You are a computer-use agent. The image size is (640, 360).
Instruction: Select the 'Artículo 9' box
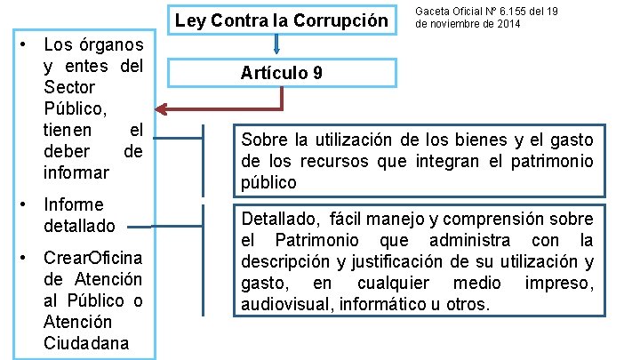point(281,73)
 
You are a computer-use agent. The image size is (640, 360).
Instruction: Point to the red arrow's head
point(162,110)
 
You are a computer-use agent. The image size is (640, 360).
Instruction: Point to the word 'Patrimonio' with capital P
point(316,240)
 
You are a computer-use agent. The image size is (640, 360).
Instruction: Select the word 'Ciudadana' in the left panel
point(86,342)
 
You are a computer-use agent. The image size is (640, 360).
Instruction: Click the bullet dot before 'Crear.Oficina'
point(28,258)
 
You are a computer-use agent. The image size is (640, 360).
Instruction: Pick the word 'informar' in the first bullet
point(76,171)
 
